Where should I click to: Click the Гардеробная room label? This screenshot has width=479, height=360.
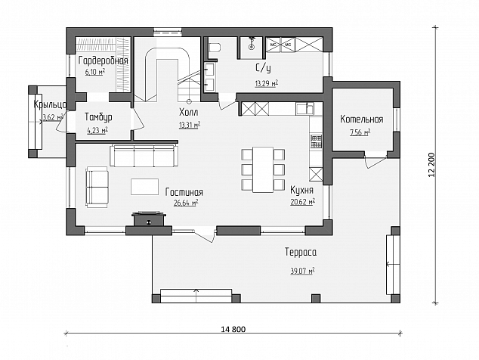click(x=103, y=61)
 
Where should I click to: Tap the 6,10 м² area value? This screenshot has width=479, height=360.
click(x=95, y=72)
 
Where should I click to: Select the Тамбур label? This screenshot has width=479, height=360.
click(x=98, y=117)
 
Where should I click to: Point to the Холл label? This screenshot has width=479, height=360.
click(x=188, y=112)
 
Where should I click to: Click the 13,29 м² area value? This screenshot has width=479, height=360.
click(x=267, y=83)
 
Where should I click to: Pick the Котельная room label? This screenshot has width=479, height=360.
click(x=362, y=119)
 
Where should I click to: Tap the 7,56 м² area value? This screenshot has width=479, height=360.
click(x=360, y=132)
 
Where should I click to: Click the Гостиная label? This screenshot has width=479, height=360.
click(x=184, y=192)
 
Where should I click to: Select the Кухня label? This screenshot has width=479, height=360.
click(x=301, y=190)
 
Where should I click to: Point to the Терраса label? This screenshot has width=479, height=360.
click(x=301, y=252)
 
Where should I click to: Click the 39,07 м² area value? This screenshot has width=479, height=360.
click(x=302, y=271)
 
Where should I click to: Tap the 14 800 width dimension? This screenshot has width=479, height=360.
click(x=233, y=329)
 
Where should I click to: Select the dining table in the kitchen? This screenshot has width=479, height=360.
click(x=263, y=169)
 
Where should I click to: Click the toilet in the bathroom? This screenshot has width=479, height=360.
click(x=215, y=48)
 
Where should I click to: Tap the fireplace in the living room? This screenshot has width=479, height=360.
click(x=149, y=219)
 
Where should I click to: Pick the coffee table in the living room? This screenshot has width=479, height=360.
click(x=144, y=187)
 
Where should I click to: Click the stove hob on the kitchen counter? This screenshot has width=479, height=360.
click(x=316, y=141)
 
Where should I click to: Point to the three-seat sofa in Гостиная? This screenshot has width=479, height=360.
click(x=144, y=156)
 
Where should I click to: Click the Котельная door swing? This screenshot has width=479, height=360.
click(x=375, y=160)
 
